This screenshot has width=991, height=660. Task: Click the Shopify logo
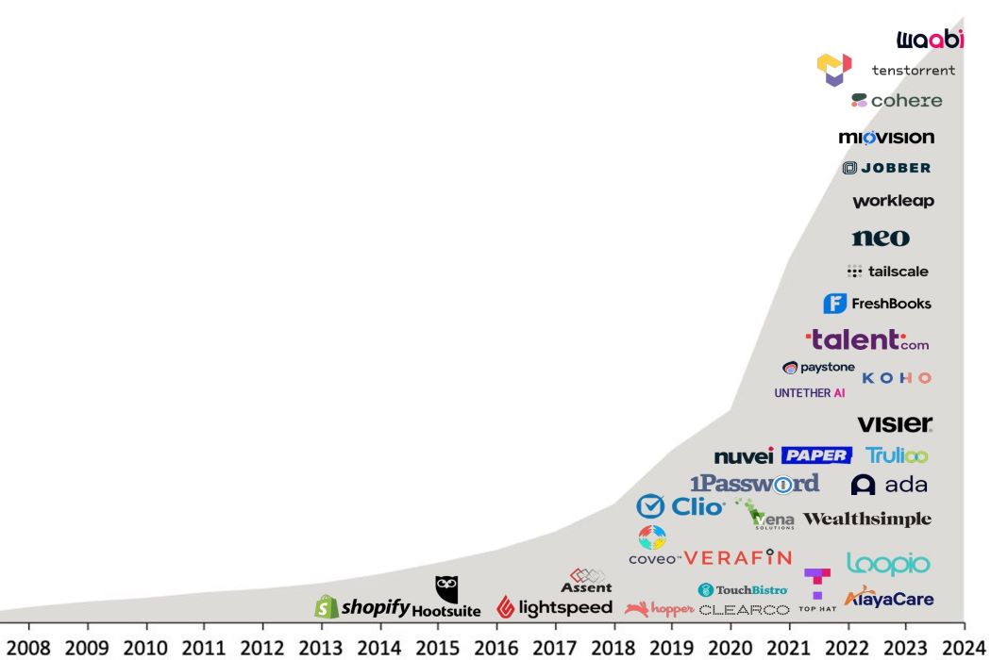coord(363,607)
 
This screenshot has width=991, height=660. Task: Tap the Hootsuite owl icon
coord(446,589)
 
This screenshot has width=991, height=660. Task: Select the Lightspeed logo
coord(555,608)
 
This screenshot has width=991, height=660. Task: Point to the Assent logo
coord(586,581)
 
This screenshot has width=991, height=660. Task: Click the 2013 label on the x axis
coord(322,648)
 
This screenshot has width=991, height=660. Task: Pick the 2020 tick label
coord(731,648)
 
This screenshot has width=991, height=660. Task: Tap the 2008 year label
coord(28,648)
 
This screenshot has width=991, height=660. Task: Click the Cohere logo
coord(897,100)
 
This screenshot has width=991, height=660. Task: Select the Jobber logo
coord(886,168)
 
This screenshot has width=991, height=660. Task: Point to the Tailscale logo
coord(888,272)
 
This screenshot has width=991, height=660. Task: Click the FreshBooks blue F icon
coord(834,304)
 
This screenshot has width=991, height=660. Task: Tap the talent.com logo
coord(867,340)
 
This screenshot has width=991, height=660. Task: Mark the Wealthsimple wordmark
coord(866,520)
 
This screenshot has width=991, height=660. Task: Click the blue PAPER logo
coord(816,455)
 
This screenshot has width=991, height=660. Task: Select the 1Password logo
coord(754,484)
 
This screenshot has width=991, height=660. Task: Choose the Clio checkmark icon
coord(650,507)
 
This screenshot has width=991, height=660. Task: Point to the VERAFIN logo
coord(737,557)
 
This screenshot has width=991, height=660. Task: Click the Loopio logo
coord(887,564)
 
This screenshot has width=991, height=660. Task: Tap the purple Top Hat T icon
coord(817,583)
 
